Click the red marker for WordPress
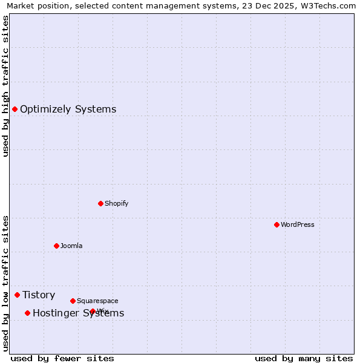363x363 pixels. (x=276, y=224)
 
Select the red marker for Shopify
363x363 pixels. (x=100, y=203)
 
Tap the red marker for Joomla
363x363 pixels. (x=56, y=246)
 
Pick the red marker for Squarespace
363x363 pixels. (x=73, y=301)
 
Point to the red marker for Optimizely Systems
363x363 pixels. (x=15, y=109)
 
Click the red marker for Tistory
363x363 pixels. (x=17, y=295)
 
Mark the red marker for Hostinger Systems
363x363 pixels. (x=27, y=313)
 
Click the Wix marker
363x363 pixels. (x=93, y=311)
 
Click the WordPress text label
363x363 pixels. (x=298, y=224)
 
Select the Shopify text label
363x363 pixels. (x=117, y=203)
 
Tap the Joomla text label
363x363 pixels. (x=71, y=246)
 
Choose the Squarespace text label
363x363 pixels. (x=97, y=301)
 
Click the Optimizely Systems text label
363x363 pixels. (x=68, y=110)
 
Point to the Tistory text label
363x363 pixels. (x=39, y=295)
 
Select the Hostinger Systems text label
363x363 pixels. (x=78, y=313)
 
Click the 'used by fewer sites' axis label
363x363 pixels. (x=62, y=358)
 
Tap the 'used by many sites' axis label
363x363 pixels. (x=304, y=358)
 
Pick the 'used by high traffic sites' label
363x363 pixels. (x=6, y=86)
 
